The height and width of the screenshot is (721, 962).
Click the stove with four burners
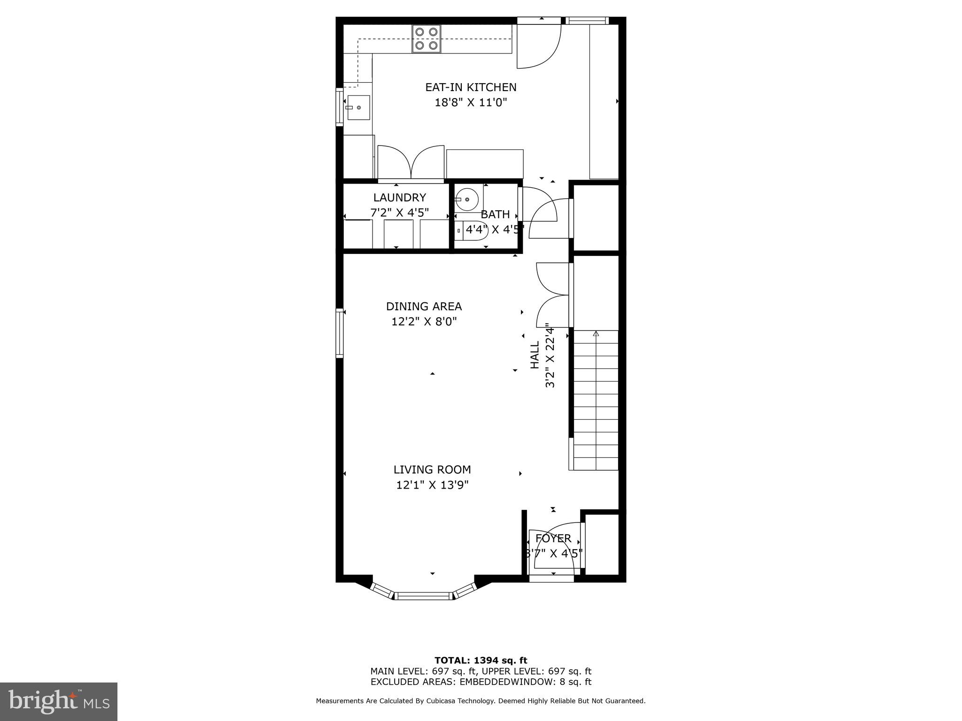coord(427,38)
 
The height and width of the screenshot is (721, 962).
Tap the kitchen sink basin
coord(358,108)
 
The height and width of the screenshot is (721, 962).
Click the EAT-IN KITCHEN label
coord(471,87)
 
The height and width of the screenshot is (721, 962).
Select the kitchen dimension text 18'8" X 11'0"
coord(471,102)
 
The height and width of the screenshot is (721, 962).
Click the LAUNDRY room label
coord(399,198)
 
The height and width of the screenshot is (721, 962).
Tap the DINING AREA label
coord(424,307)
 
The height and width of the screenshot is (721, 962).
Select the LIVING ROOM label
coord(432,469)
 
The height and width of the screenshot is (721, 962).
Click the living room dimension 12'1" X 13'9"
coord(432,485)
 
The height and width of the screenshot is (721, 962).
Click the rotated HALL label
coord(535,355)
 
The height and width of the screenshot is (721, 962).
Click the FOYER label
coord(553,538)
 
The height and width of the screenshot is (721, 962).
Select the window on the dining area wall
coord(339,333)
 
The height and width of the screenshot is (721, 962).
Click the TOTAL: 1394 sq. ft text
coord(481,660)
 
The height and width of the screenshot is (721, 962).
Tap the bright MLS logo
coord(58,701)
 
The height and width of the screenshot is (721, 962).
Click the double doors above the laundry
coord(411,162)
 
